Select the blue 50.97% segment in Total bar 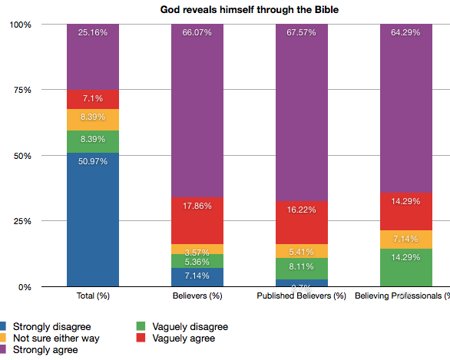[93, 220]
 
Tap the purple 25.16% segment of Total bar [93, 57]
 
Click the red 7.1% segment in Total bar [93, 99]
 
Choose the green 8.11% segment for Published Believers [302, 268]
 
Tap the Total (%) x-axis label [93, 296]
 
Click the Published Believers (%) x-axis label [302, 296]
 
